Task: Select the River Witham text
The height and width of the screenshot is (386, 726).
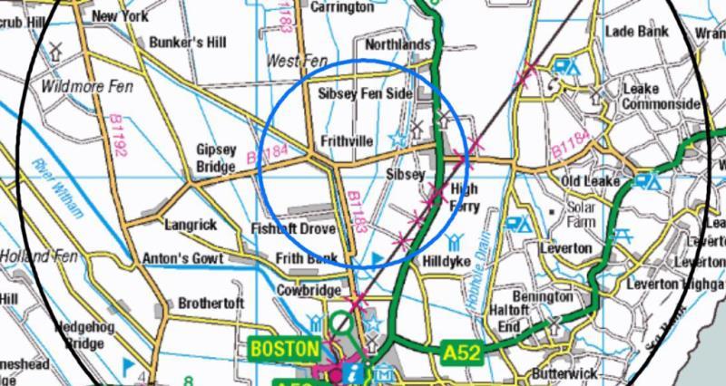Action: pyautogui.click(x=56, y=189)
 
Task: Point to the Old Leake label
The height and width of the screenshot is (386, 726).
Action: pyautogui.click(x=590, y=182)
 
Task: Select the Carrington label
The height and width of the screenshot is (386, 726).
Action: pyautogui.click(x=341, y=7)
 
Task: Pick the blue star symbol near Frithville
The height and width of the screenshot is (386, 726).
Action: pyautogui.click(x=397, y=140)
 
